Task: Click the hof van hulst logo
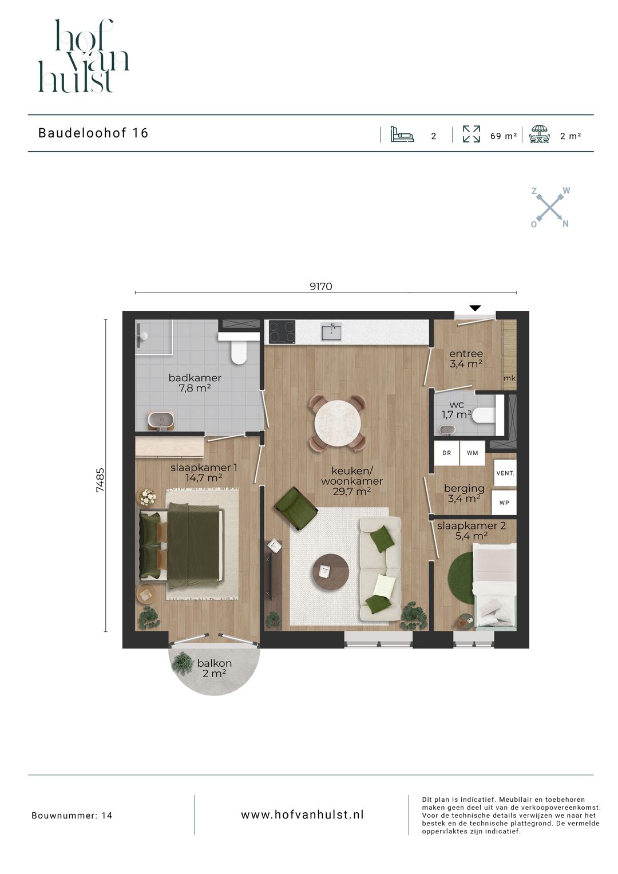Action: click(x=84, y=56)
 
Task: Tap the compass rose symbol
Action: click(x=550, y=207)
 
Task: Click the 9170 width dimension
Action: click(x=320, y=286)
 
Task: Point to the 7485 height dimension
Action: click(x=100, y=480)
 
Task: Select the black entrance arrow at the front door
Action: click(x=474, y=309)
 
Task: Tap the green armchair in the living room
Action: click(x=296, y=507)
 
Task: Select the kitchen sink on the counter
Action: click(x=331, y=331)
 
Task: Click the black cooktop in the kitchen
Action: click(x=282, y=331)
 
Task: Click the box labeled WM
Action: click(x=472, y=453)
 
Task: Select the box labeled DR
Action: click(x=446, y=453)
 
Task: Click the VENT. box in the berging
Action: click(x=505, y=473)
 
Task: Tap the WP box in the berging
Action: click(x=504, y=503)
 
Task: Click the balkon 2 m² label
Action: click(x=214, y=669)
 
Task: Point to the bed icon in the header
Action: click(x=402, y=135)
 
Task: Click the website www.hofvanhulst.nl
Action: click(x=302, y=814)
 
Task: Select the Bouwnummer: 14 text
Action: click(x=72, y=816)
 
